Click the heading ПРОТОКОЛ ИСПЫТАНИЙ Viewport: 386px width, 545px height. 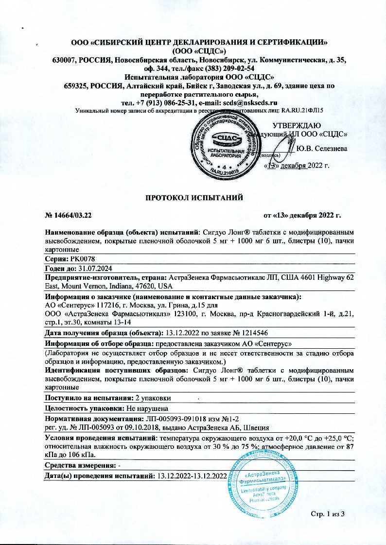(193, 197)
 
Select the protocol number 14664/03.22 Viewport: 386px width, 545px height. (72, 215)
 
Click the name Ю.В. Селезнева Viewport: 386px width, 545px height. (321, 148)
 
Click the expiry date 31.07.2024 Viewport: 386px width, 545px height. (95, 269)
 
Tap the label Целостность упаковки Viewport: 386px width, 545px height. (84, 408)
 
